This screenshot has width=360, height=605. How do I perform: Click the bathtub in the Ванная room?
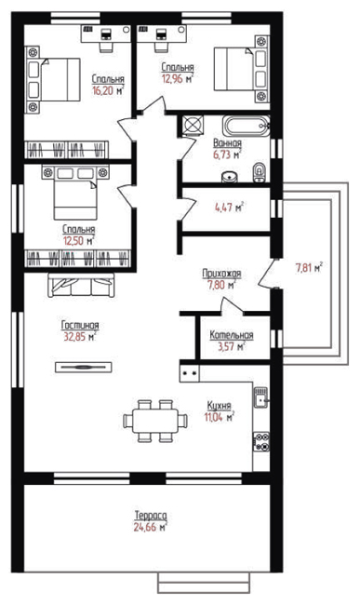[246, 126]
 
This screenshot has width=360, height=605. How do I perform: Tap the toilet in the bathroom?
[260, 172]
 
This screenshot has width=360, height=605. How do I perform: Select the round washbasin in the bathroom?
[230, 177]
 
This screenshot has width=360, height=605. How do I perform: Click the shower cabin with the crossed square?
[191, 124]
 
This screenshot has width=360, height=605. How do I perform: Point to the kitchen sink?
[261, 397]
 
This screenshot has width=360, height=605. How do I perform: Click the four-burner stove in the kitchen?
[261, 441]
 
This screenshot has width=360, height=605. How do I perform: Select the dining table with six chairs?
[155, 421]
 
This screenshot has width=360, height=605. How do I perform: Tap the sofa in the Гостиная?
[81, 285]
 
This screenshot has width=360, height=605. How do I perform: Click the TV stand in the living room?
[83, 367]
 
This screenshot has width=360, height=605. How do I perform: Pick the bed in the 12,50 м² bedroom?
[75, 192]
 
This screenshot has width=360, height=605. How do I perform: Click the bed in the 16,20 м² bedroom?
[53, 79]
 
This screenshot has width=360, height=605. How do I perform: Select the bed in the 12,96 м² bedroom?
[242, 69]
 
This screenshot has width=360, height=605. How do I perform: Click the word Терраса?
[151, 515]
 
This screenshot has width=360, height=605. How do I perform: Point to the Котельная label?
[232, 335]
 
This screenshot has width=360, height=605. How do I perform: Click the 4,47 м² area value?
[230, 208]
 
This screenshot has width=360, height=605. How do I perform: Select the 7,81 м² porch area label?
[309, 267]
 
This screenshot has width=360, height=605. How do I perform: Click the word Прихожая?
[221, 274]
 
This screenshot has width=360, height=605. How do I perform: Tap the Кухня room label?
[219, 406]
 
